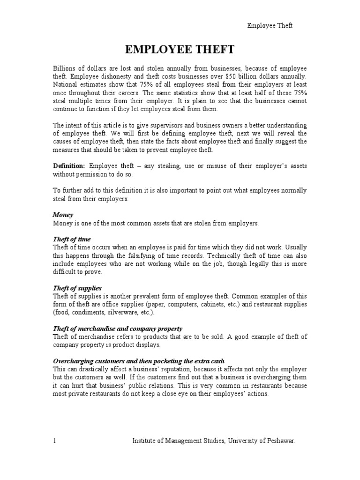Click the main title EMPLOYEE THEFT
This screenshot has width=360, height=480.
[180, 50]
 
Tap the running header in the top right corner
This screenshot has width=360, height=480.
[270, 26]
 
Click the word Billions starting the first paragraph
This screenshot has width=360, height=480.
[65, 67]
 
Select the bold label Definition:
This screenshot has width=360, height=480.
[68, 166]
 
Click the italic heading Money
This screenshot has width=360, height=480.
[63, 214]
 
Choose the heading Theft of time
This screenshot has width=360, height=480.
[72, 239]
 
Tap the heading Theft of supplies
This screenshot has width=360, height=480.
[77, 287]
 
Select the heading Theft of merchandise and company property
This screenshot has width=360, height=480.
[117, 328]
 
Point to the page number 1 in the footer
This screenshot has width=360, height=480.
[54, 441]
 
